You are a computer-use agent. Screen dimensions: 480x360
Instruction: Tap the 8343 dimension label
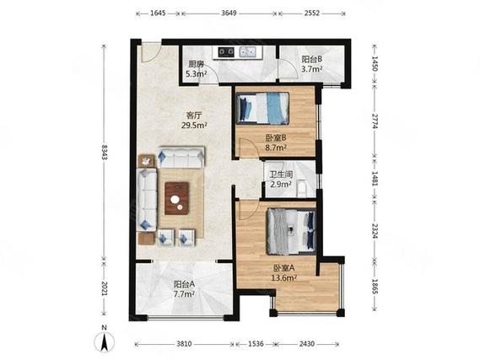(x=105, y=152)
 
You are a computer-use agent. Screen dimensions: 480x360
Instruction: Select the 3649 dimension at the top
(x=229, y=13)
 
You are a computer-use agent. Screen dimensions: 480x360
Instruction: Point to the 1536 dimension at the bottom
(x=256, y=344)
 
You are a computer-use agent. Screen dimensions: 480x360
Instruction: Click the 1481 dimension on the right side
(x=375, y=178)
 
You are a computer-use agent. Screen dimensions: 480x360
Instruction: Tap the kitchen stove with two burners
(x=226, y=51)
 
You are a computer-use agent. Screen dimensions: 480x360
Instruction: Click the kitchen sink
(x=248, y=51)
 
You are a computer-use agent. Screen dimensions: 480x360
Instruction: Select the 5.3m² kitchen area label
(x=196, y=73)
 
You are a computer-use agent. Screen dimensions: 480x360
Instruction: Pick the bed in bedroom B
(x=262, y=108)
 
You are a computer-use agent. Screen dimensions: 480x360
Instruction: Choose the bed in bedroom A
(x=291, y=232)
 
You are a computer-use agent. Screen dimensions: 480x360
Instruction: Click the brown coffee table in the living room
(x=176, y=198)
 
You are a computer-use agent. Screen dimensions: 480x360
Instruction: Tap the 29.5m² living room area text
(x=194, y=125)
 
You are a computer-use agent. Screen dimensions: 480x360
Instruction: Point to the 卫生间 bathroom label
(x=281, y=175)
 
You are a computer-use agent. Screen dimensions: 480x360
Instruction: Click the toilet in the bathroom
(x=302, y=188)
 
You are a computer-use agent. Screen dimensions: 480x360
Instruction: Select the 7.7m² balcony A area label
(x=184, y=294)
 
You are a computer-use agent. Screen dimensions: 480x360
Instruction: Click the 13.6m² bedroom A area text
(x=283, y=278)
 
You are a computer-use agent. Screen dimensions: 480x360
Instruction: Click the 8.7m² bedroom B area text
(x=276, y=148)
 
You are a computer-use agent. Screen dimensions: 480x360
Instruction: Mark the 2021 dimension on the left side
(x=105, y=288)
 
